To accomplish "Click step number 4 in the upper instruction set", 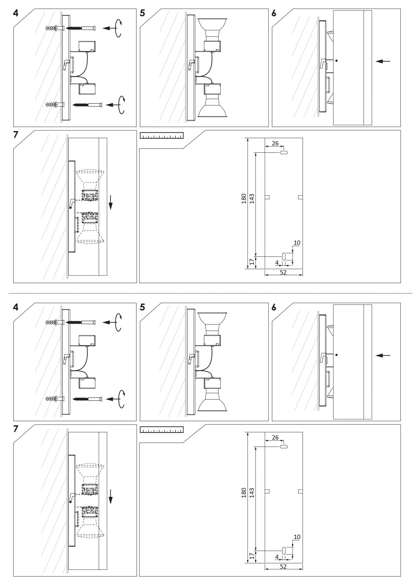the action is (15, 14).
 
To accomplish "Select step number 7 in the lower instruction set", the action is (15, 429).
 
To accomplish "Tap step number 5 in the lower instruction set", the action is (142, 307).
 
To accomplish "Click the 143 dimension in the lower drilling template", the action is (252, 493).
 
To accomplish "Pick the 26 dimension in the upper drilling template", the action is (275, 143).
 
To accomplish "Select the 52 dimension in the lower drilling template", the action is (283, 566).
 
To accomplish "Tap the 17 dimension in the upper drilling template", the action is (252, 262).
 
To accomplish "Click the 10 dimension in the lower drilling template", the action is (297, 537).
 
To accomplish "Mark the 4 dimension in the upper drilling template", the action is (277, 262).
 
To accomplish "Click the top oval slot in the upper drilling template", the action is (284, 153).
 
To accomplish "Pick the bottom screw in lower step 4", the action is (86, 399).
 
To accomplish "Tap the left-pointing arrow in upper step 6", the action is (383, 61).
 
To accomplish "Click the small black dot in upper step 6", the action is (337, 61).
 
